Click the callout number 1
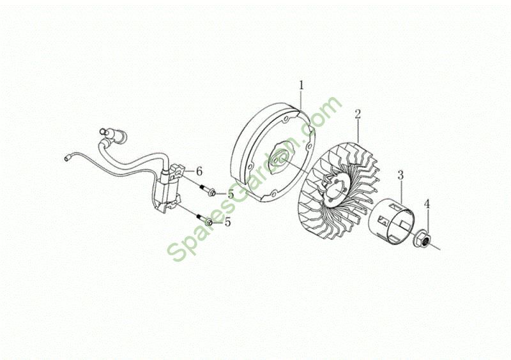301,86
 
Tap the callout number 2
358,114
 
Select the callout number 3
400,175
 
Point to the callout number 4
427,204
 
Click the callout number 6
199,171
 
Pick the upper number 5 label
231,194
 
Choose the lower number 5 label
227,222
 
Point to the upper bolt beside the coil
206,190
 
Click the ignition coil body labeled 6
167,188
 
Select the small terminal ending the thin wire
67,158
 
